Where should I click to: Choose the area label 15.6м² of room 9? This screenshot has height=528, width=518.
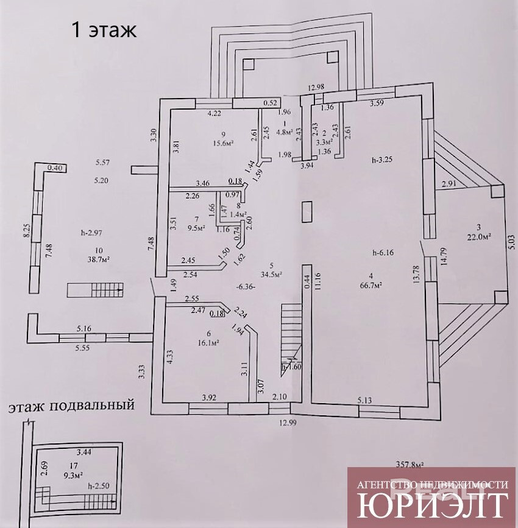224,143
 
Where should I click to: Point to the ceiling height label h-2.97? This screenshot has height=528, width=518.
93,232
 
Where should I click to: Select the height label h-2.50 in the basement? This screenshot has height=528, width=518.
99,486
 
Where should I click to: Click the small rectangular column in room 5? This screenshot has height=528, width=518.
307,211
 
